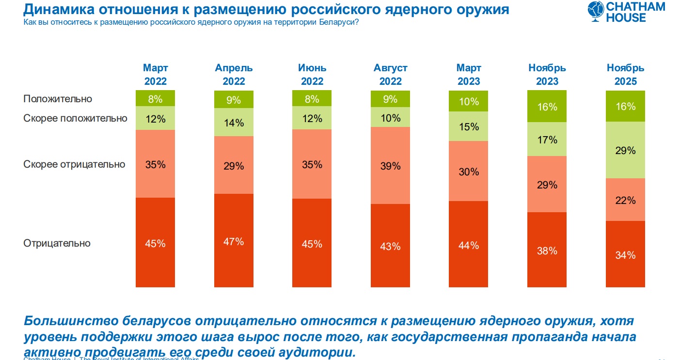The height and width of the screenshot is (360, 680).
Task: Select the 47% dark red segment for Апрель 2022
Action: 234,241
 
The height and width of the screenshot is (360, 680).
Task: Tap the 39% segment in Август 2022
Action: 390,166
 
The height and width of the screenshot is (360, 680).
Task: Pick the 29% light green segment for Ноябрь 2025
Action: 625,150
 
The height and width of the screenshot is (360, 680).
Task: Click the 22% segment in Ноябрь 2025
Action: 625,200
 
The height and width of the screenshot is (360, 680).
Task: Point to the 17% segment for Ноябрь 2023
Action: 547,140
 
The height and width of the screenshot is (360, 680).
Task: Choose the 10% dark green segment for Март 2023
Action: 468,102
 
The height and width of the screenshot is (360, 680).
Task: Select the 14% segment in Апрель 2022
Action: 234,123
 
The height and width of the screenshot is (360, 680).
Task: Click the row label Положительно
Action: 58,99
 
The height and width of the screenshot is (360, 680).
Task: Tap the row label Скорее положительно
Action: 75,118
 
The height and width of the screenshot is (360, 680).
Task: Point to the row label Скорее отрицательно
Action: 74,164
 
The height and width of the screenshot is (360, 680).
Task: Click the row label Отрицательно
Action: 57,243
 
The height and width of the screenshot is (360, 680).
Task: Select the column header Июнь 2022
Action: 312,75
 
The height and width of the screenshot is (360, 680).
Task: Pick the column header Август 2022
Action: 390,75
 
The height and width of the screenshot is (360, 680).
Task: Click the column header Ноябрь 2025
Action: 625,75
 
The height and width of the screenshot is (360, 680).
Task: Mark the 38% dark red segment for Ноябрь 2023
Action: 547,251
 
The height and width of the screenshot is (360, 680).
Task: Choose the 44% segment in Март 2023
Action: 468,245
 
